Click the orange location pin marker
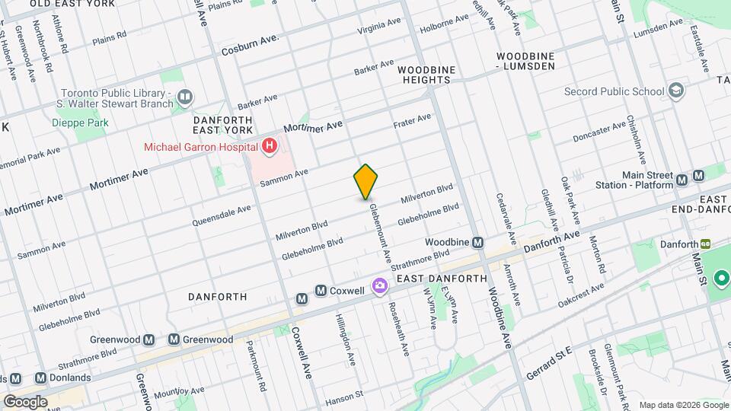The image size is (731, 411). pos(365,181)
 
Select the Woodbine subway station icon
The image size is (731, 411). pos(478,242)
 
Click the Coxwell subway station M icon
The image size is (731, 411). pos(321,291)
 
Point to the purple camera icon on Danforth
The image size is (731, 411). pos(378,286)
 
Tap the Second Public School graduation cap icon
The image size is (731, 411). pos(675,92)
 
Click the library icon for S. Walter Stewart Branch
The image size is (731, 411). pos(184,97)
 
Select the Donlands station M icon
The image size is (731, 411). pos(40,378)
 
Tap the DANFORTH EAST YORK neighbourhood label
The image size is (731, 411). pos(227,126)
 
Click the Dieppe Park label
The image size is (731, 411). pos(80,123)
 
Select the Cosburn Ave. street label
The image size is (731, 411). pos(250,45)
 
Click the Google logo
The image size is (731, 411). pos(25,402)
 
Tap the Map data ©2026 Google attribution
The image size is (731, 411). pos(682,404)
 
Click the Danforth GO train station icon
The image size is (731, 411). pos(706,244)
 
